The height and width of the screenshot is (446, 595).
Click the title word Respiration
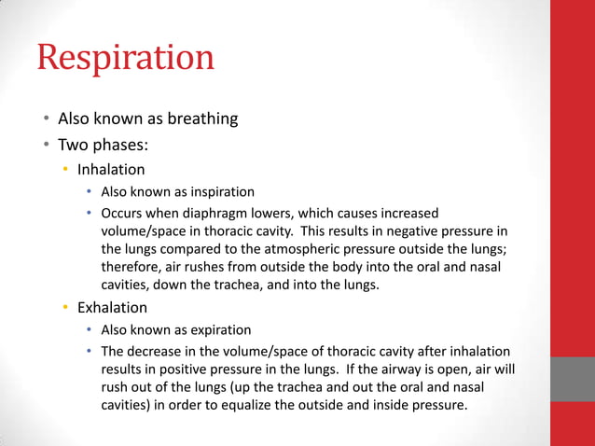126,58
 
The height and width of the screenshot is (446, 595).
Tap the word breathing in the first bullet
201,118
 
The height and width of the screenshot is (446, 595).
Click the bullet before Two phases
44,145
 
